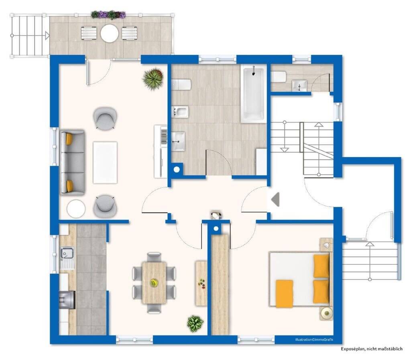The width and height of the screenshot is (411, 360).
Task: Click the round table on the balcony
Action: click(110, 33)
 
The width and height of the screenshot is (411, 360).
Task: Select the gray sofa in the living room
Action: click(72, 162)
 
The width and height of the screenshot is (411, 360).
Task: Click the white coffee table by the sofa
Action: click(105, 162)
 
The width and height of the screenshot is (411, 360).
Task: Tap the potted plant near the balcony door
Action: click(153, 78)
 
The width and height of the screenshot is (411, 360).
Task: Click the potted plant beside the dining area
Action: click(195, 323)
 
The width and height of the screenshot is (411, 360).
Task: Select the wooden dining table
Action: click(154, 282)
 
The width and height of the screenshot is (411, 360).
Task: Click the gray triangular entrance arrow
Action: click(275, 199)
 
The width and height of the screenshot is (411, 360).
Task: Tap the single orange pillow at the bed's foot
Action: click(285, 294)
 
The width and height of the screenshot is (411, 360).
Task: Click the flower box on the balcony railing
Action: click(108, 15)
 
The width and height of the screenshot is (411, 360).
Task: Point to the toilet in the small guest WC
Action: click(279, 77)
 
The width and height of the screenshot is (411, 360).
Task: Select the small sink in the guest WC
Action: click(299, 86)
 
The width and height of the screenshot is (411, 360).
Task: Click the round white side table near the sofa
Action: click(76, 209)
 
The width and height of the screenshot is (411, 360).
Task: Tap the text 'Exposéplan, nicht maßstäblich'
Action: click(371, 349)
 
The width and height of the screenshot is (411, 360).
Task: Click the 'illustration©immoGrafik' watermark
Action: click(314, 340)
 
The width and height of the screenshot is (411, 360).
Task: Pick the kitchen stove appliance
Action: click(67, 300)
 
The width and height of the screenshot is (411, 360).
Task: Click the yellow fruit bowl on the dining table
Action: click(154, 282)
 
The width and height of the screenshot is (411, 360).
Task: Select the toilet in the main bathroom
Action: click(181, 84)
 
